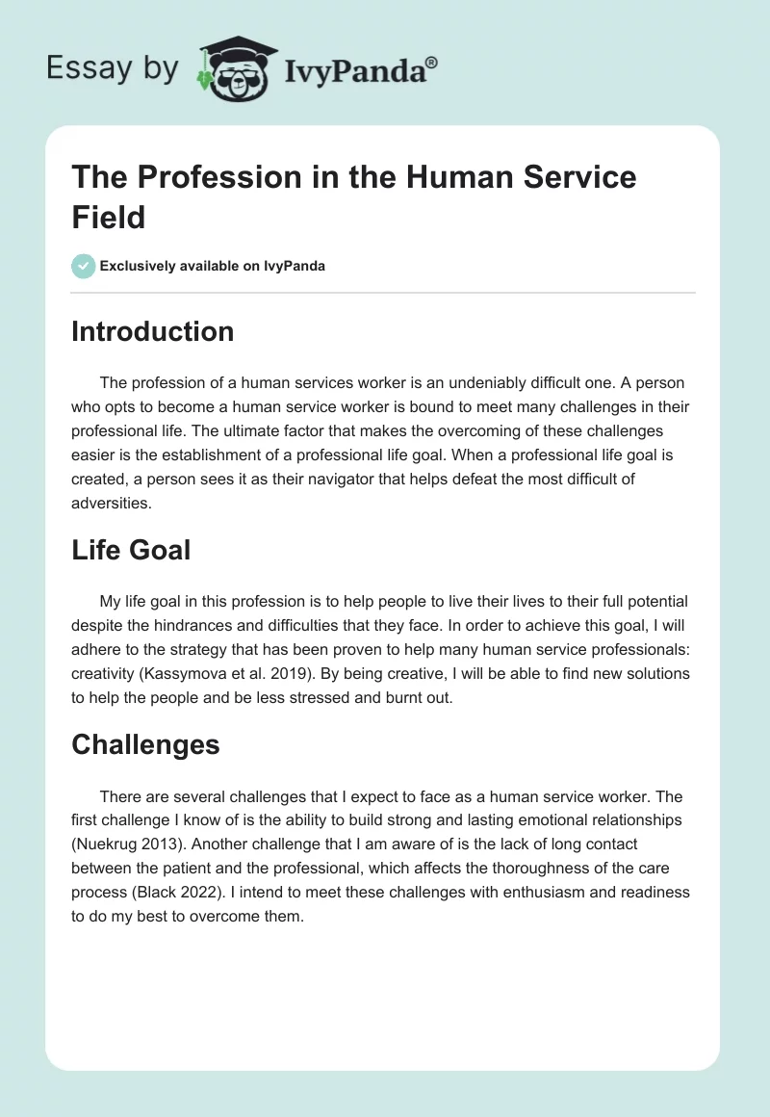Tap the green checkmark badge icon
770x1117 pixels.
[x=84, y=266]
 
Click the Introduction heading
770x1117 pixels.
[x=153, y=331]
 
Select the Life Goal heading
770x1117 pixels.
[x=131, y=550]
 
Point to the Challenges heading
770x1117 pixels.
[x=145, y=744]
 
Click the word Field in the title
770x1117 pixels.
[x=109, y=217]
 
